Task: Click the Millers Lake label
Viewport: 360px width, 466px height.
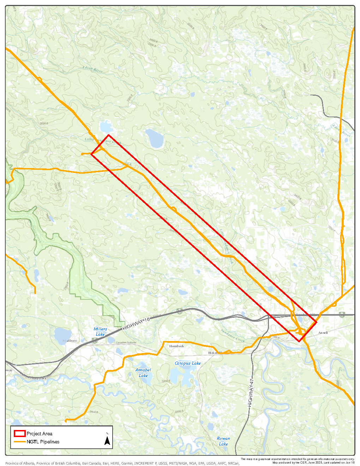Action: pyautogui.click(x=100, y=331)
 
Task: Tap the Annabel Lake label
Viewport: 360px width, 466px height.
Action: pyautogui.click(x=143, y=373)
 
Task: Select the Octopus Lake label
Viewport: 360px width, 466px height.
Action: pyautogui.click(x=188, y=363)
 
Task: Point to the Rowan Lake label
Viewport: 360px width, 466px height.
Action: pyautogui.click(x=223, y=441)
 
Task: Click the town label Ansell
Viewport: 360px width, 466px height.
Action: pyautogui.click(x=323, y=333)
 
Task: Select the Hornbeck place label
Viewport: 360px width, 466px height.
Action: pyautogui.click(x=176, y=346)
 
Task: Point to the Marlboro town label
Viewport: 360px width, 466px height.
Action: pyautogui.click(x=70, y=341)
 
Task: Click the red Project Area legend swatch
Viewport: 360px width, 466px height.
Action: pyautogui.click(x=19, y=434)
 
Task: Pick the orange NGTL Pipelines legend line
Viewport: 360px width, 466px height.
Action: pyautogui.click(x=19, y=442)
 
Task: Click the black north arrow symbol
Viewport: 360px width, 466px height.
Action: pyautogui.click(x=107, y=440)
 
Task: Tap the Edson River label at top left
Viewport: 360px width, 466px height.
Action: pyautogui.click(x=92, y=69)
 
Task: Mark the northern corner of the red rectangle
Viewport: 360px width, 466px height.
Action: pyautogui.click(x=108, y=135)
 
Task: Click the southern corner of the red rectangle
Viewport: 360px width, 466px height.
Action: pyautogui.click(x=299, y=341)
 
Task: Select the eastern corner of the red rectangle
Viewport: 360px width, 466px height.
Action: pyautogui.click(x=317, y=322)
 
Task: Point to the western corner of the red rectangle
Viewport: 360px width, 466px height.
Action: pyautogui.click(x=91, y=154)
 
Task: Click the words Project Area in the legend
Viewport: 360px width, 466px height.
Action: pyautogui.click(x=40, y=434)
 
